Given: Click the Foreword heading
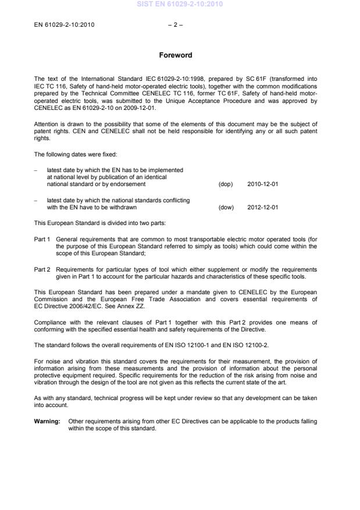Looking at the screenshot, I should (x=176, y=56).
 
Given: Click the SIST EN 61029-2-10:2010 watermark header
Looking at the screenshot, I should (x=180, y=5).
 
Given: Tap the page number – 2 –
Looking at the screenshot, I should (x=175, y=25).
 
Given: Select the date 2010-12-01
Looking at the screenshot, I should (x=263, y=184).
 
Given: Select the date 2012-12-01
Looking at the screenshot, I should (x=263, y=206).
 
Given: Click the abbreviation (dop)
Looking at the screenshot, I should (x=225, y=184).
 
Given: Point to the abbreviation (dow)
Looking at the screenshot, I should (x=226, y=206).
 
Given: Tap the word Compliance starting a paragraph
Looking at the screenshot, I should (x=51, y=322).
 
